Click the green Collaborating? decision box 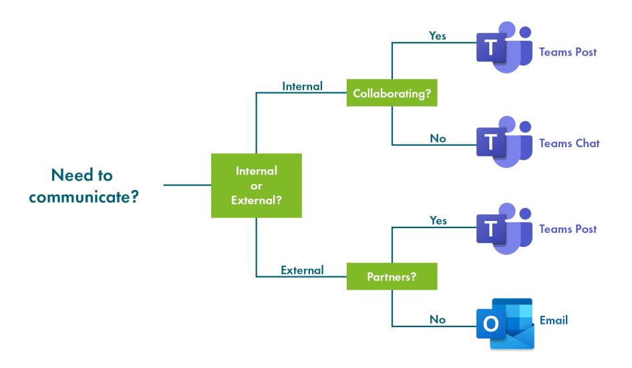[x=391, y=93]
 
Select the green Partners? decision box [x=391, y=276]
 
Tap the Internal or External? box [x=257, y=185]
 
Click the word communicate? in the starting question [x=84, y=197]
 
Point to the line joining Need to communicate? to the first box [x=188, y=185]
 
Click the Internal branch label [x=302, y=86]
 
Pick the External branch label [x=302, y=270]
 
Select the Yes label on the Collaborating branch [x=438, y=36]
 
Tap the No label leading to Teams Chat [x=438, y=139]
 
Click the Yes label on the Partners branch [x=438, y=221]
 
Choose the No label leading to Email [x=438, y=320]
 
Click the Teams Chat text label [x=569, y=143]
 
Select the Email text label [x=554, y=320]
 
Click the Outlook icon [x=506, y=324]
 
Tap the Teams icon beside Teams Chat [x=504, y=142]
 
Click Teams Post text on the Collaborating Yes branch [x=568, y=52]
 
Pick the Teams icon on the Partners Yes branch [x=504, y=229]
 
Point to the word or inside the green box [x=257, y=186]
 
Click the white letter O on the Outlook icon [x=490, y=324]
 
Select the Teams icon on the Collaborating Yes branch [x=504, y=48]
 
